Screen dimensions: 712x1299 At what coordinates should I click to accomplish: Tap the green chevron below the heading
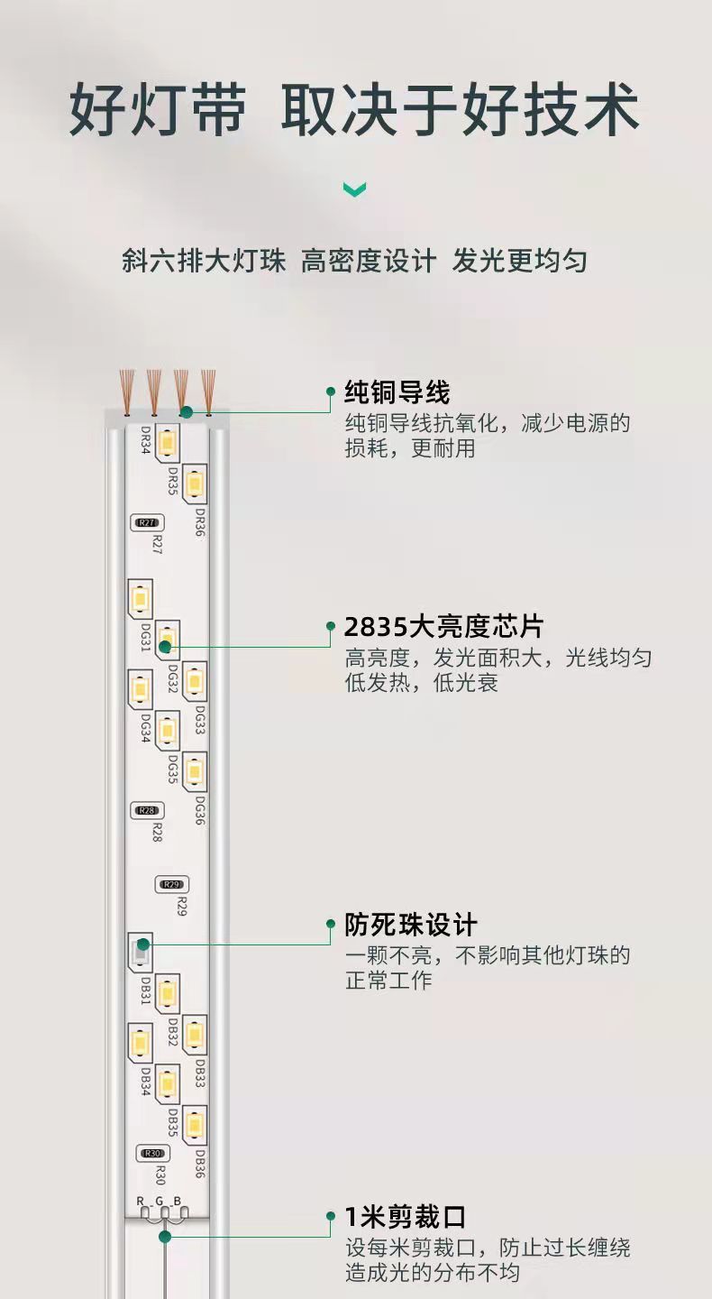(x=354, y=189)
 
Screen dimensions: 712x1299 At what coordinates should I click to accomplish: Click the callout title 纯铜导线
(x=397, y=392)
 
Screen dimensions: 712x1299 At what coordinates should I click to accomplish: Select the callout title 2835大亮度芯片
(x=443, y=627)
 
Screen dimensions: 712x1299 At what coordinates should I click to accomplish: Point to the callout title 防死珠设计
(x=410, y=925)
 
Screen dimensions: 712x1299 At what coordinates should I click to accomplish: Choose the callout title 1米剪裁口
(x=405, y=1217)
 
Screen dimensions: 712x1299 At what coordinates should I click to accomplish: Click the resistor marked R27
(x=147, y=522)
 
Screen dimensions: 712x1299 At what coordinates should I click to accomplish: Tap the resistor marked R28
(x=147, y=810)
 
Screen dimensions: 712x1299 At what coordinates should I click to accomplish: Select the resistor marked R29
(x=172, y=884)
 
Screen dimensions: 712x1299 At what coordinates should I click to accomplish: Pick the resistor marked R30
(x=152, y=1153)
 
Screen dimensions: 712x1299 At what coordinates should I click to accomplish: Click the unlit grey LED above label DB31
(x=140, y=952)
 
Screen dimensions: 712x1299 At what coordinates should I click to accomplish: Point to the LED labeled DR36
(x=194, y=484)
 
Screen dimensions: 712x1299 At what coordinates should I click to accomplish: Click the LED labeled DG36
(x=194, y=771)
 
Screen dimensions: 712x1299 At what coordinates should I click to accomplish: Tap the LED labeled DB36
(x=194, y=1125)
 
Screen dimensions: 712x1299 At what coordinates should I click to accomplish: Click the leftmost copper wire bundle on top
(x=128, y=388)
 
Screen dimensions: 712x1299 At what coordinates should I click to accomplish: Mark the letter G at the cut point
(x=160, y=1201)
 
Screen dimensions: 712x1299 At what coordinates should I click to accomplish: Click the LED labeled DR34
(x=167, y=443)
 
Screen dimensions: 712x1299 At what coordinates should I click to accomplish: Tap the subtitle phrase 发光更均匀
(x=519, y=262)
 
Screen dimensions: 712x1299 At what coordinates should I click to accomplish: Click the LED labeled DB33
(x=194, y=1035)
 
